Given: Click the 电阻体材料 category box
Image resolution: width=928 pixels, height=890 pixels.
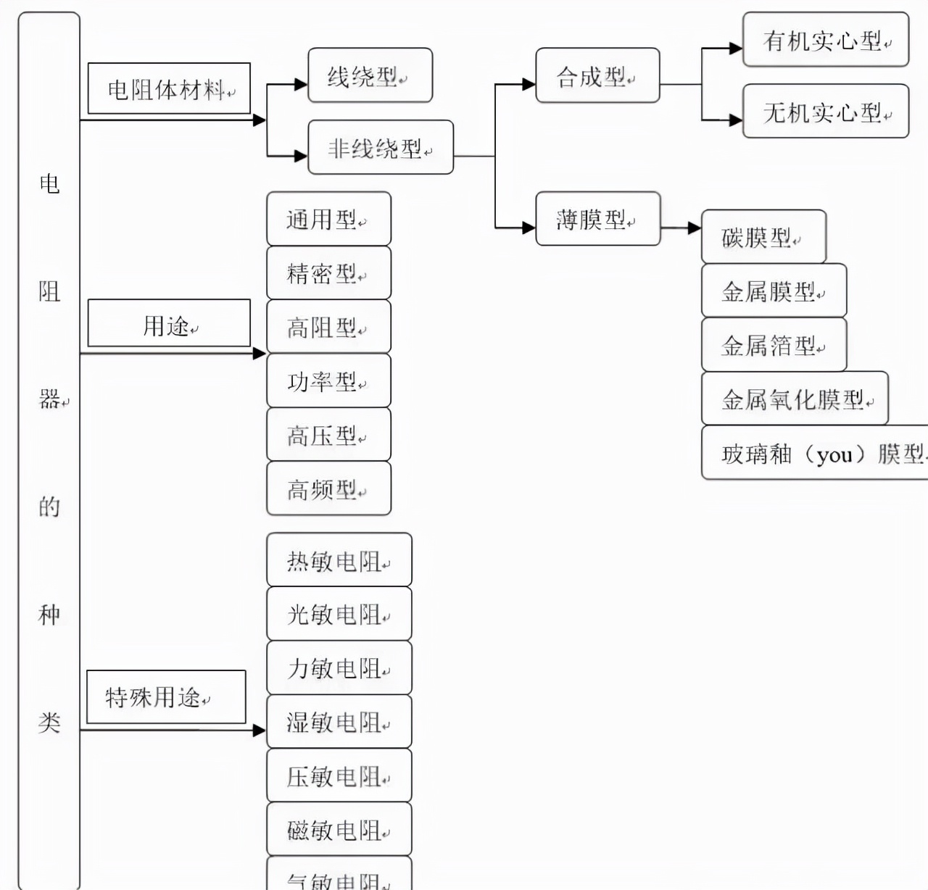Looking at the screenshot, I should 168,88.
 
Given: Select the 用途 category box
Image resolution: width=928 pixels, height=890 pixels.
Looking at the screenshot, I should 168,323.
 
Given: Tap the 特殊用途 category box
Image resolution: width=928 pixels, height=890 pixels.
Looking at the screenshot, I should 165,696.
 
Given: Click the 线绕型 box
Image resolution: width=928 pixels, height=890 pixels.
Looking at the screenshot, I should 370,75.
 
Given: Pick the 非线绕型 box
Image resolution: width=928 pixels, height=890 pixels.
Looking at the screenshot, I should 380,148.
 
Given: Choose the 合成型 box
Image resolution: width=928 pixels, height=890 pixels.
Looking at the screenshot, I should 597,75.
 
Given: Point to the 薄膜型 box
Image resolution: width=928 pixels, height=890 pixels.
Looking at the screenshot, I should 597,219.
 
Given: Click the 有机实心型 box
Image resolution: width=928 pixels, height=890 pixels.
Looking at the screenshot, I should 825,40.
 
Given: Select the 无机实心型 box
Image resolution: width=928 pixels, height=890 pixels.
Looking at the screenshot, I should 825,112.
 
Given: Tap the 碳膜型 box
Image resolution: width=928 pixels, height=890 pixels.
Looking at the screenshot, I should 763,237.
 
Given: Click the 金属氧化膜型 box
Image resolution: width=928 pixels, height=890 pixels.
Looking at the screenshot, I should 795,399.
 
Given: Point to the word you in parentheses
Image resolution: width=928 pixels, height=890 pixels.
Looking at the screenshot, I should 834,454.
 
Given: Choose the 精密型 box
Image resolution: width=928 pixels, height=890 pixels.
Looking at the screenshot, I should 328,273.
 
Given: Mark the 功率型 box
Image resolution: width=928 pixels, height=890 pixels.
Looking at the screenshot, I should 328,380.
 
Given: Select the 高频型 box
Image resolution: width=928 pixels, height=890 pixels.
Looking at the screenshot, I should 328,489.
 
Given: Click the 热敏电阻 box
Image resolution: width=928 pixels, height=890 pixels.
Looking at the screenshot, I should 339,560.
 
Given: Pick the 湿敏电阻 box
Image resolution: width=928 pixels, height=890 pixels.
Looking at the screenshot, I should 339,722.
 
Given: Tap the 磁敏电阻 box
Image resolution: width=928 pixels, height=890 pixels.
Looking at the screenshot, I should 339,829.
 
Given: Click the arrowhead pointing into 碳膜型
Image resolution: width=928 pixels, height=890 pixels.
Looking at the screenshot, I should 694,228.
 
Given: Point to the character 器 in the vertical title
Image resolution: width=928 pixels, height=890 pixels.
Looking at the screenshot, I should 49,399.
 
